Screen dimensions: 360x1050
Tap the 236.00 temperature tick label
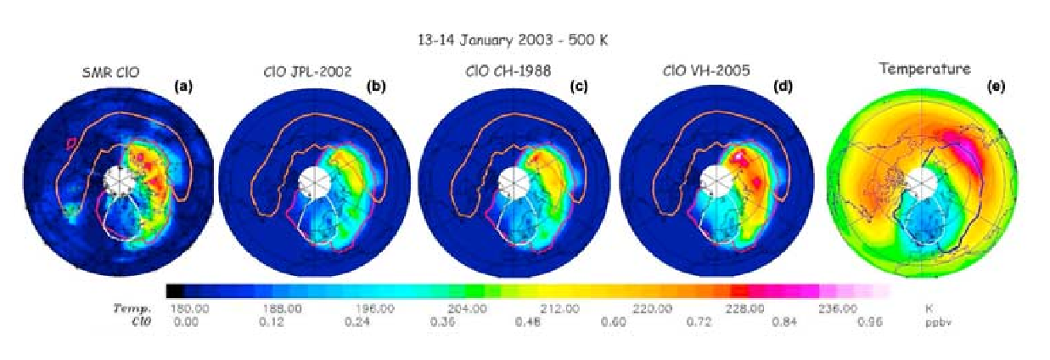(837, 309)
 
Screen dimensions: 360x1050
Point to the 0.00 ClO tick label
(185, 323)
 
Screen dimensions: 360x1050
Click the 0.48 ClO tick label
(528, 323)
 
